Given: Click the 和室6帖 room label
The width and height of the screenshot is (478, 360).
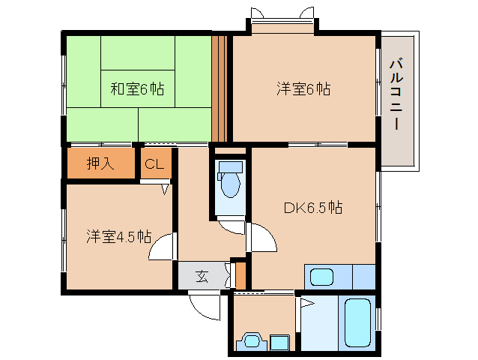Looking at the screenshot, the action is point(137,89).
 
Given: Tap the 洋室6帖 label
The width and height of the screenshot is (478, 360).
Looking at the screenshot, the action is point(303,88).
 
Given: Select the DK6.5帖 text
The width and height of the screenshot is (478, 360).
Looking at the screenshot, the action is point(313,208).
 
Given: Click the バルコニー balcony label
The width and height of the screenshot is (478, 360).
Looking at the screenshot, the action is point(396,95).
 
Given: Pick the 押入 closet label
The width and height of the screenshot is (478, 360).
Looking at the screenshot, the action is point(100,163).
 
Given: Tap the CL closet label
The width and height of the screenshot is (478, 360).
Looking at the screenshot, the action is point(154,164).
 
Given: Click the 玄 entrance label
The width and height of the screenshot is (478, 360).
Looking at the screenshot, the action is point(202,277).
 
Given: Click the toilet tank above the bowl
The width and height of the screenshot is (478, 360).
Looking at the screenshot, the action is point(231,166).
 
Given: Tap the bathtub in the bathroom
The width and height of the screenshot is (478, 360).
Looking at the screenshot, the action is point(357,322).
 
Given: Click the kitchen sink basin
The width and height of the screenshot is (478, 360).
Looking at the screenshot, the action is point(321,277).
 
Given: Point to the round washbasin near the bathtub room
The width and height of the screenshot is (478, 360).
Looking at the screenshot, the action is point(252,340).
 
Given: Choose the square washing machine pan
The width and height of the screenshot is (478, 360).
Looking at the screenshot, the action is point(279,342).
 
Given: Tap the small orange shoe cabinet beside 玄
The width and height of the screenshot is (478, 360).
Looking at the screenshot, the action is point(240,275).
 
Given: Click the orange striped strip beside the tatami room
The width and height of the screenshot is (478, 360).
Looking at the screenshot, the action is point(220,88).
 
